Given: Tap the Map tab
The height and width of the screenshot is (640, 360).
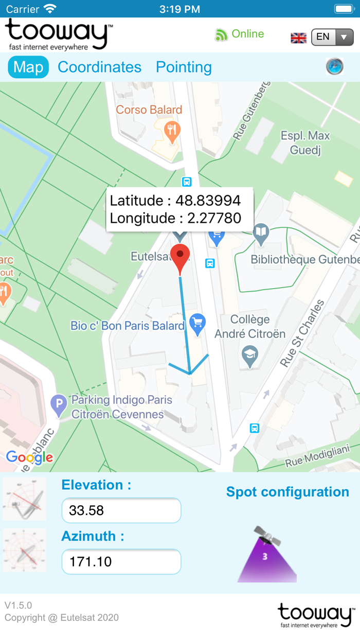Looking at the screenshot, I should [x=28, y=67].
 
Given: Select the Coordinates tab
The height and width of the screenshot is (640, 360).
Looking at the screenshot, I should [x=99, y=67].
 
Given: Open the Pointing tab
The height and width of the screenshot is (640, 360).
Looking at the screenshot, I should [x=184, y=67].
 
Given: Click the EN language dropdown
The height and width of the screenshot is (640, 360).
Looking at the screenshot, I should [x=332, y=37].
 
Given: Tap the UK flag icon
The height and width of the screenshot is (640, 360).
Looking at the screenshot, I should [x=299, y=38].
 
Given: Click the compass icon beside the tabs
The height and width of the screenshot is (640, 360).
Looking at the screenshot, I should [x=335, y=67].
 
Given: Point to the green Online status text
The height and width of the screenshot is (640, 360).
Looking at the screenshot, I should [x=247, y=34].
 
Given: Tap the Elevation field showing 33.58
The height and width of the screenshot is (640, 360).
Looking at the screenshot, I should [x=121, y=510].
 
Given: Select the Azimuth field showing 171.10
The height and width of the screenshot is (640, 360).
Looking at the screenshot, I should [x=121, y=561].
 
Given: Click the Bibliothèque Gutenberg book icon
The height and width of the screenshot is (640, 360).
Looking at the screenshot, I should [x=262, y=232].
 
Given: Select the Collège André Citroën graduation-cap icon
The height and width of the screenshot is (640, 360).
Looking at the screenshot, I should [x=250, y=355].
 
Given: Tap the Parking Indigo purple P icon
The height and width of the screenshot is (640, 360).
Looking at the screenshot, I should [x=59, y=405].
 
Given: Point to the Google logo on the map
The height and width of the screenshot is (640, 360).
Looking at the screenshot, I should [x=29, y=457].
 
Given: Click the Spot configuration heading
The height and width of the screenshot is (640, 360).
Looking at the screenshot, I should [x=287, y=492].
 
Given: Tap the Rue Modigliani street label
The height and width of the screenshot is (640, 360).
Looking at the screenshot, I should [x=316, y=455].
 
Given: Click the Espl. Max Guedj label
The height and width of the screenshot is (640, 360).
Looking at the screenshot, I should [x=305, y=143].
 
